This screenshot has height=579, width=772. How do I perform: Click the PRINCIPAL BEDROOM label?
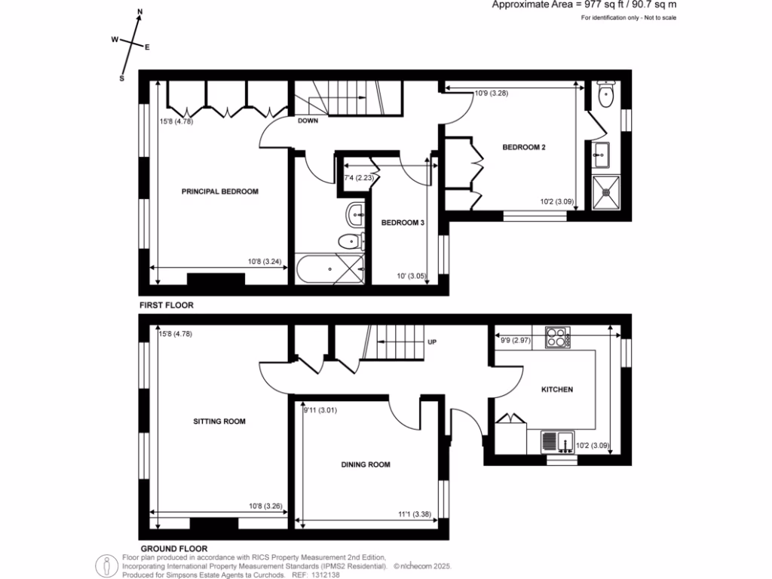tap(219, 191)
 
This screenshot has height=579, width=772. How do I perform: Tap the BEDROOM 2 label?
tap(523, 148)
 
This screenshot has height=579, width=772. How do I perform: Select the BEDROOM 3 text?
tap(403, 223)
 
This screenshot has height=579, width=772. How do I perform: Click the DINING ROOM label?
tap(366, 465)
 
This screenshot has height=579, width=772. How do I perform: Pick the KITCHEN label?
tap(557, 390)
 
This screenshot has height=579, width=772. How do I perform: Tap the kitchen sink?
tap(557, 441)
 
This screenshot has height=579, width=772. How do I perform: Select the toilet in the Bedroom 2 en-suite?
tap(605, 93)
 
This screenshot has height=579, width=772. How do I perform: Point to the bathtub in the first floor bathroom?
tap(330, 268)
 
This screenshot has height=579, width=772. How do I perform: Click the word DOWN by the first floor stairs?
tap(308, 121)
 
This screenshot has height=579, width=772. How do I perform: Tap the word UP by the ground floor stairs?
tap(433, 342)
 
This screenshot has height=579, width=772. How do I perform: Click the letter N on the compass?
tap(139, 13)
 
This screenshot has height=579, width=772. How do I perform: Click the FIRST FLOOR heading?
tap(167, 305)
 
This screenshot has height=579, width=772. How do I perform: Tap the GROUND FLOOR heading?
tap(173, 548)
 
